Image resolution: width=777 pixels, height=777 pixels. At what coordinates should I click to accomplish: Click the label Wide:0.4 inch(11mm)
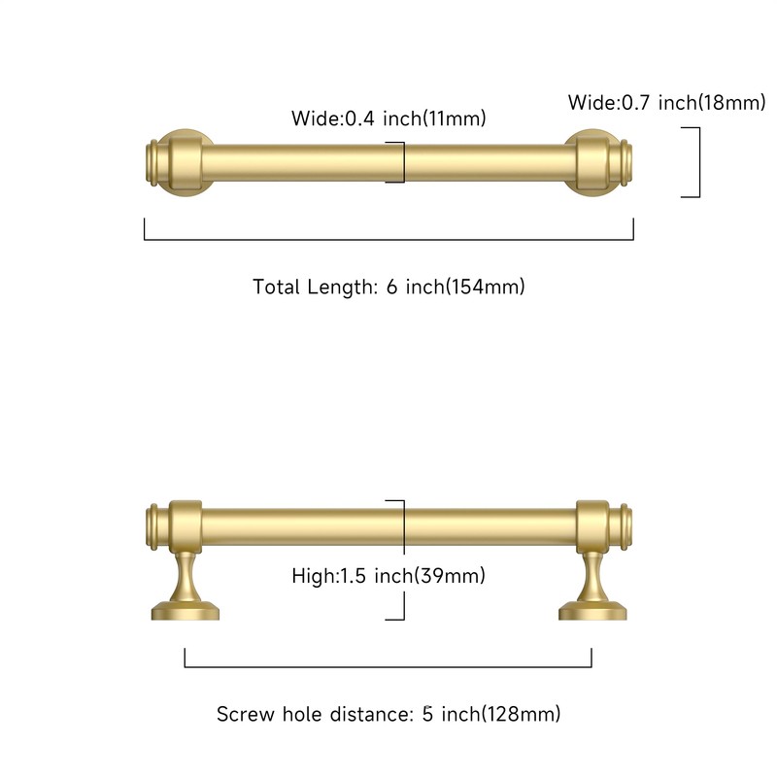coord(388,118)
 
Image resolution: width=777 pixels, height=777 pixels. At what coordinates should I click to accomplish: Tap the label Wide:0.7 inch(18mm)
coord(666,102)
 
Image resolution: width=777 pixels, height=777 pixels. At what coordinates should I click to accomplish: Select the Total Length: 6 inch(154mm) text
coord(388,287)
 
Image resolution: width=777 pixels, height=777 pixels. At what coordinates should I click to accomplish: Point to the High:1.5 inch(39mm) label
coord(388,576)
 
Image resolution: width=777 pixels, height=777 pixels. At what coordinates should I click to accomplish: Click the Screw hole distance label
coord(388,715)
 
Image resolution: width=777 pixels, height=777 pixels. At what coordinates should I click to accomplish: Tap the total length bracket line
coord(388,239)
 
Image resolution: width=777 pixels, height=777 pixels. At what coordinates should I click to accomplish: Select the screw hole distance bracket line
coord(388,667)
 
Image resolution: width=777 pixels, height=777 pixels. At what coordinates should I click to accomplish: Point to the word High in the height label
coord(312,576)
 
